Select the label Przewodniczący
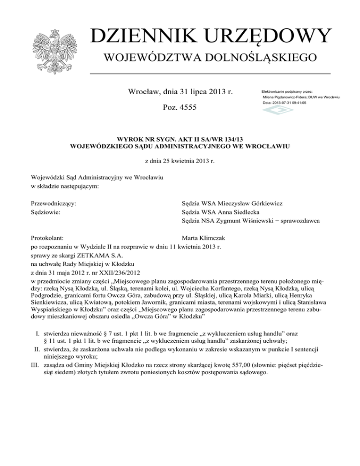coord(54,203)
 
